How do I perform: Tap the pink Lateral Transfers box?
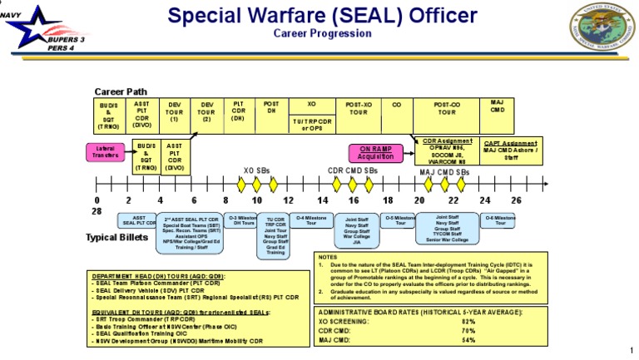[x=105, y=152]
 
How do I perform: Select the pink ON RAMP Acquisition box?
[x=377, y=152]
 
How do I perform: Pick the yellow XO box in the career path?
[x=312, y=106]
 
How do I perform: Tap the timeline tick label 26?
[x=516, y=200]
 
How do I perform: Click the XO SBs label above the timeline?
[x=255, y=170]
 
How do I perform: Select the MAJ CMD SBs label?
[x=444, y=172]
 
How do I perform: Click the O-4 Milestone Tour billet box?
[x=311, y=219]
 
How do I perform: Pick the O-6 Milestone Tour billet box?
[x=500, y=219]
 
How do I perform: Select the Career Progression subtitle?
[x=323, y=33]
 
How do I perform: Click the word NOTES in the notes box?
[x=329, y=258]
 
